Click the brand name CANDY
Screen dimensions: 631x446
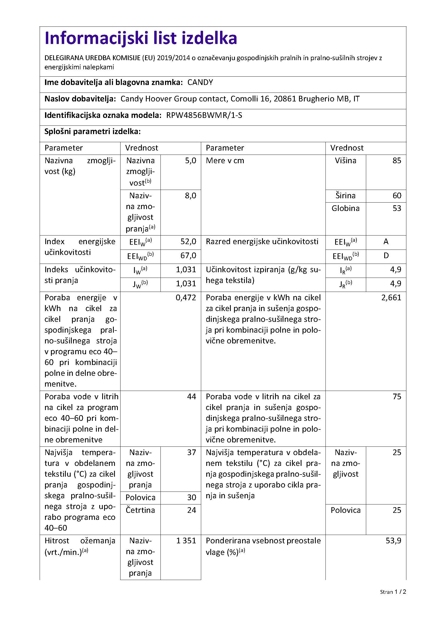(x=200, y=83)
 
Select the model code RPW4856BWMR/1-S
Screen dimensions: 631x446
(x=204, y=115)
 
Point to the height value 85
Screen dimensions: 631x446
(x=397, y=161)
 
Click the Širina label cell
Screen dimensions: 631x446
(x=345, y=196)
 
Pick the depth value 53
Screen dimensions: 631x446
(x=397, y=208)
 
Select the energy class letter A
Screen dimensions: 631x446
(x=386, y=241)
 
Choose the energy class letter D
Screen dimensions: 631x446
(x=386, y=255)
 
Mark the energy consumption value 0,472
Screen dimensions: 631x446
(x=186, y=298)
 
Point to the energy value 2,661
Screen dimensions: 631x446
(x=391, y=298)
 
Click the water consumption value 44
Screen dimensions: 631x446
(x=191, y=397)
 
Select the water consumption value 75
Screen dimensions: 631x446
(x=397, y=397)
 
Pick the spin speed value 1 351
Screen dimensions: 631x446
(x=186, y=541)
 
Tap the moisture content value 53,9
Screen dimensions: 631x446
(x=393, y=541)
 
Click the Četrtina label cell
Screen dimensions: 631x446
(x=140, y=510)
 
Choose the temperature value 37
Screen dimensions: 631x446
(x=191, y=452)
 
